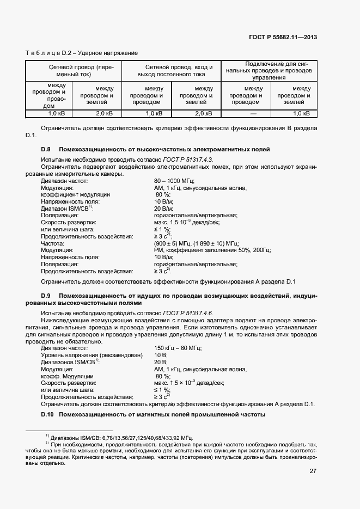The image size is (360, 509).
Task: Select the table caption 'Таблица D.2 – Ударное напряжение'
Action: (82, 53)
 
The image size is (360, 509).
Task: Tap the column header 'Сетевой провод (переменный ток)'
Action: (74, 70)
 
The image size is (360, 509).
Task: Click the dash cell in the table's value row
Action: (253, 114)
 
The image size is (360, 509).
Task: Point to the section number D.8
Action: (46, 149)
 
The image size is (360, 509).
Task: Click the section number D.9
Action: (46, 295)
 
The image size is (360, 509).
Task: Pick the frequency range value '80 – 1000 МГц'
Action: (174, 181)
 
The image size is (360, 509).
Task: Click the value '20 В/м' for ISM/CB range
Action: (163, 208)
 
